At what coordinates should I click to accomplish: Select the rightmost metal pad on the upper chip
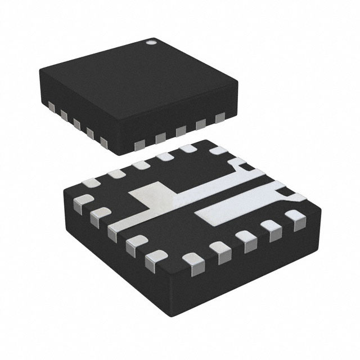pos(220,118)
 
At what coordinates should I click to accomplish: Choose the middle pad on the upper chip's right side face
pos(181,131)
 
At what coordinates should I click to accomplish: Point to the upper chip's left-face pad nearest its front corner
pos(103,141)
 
